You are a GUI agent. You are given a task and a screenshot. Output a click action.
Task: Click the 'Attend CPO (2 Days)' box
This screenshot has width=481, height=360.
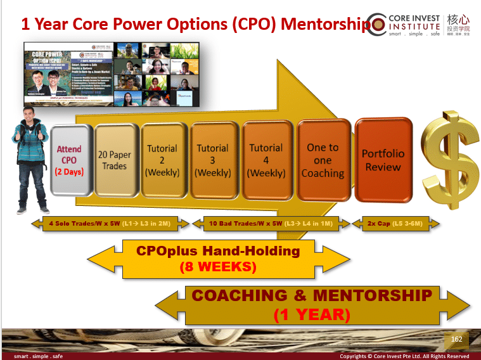[69, 160]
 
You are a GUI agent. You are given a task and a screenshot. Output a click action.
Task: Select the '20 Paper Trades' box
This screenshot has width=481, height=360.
[115, 160]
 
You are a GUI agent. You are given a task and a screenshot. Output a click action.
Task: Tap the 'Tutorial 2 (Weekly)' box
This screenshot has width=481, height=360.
[162, 160]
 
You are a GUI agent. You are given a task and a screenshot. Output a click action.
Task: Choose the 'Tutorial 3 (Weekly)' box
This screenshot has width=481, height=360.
[212, 160]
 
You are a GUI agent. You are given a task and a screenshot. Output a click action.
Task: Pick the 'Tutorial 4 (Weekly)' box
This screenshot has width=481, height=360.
[266, 160]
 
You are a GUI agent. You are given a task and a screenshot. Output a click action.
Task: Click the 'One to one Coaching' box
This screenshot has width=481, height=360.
[323, 160]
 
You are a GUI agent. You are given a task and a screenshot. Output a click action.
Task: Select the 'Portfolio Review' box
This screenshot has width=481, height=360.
[383, 160]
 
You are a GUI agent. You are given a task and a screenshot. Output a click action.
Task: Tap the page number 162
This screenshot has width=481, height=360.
[456, 340]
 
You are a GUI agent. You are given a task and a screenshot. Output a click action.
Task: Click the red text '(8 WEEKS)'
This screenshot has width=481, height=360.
[218, 267]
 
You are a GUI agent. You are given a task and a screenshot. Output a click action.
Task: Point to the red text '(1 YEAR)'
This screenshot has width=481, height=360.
[312, 314]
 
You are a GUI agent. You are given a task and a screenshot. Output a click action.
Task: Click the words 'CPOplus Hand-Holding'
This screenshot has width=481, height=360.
[218, 251]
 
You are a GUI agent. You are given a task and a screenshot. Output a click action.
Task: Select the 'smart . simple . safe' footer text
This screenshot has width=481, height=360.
[39, 356]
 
